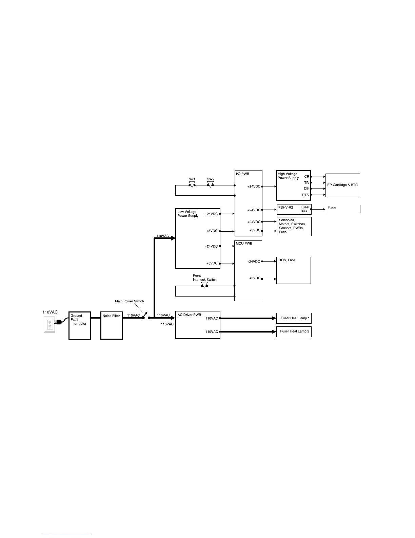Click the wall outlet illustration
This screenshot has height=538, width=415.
pos(50,324)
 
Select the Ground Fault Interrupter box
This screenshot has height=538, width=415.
pos(80,325)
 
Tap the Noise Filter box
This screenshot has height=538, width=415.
pos(112,325)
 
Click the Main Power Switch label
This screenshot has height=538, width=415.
pos(130,301)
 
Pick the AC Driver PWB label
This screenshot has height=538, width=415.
pos(189,315)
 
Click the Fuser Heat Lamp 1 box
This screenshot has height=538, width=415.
pos(294,318)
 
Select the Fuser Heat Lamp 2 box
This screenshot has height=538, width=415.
pos(294,331)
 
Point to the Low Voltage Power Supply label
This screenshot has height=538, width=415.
pos(188,214)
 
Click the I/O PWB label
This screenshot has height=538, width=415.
pos(243,174)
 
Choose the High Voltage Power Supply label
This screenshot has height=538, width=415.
pos(288,176)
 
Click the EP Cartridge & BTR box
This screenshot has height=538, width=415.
pos(342,185)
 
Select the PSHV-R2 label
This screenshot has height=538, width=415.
pos(285,208)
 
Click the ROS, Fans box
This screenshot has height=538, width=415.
pos(294,270)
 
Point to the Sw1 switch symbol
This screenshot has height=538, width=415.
pos(192,184)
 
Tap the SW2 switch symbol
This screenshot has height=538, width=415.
pos(211,184)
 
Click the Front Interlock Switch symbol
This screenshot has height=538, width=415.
pos(204,285)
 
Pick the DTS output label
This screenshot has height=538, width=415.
pos(305,195)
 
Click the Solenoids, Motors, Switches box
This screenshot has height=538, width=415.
pos(294,226)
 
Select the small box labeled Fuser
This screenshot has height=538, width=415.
pos(343,209)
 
